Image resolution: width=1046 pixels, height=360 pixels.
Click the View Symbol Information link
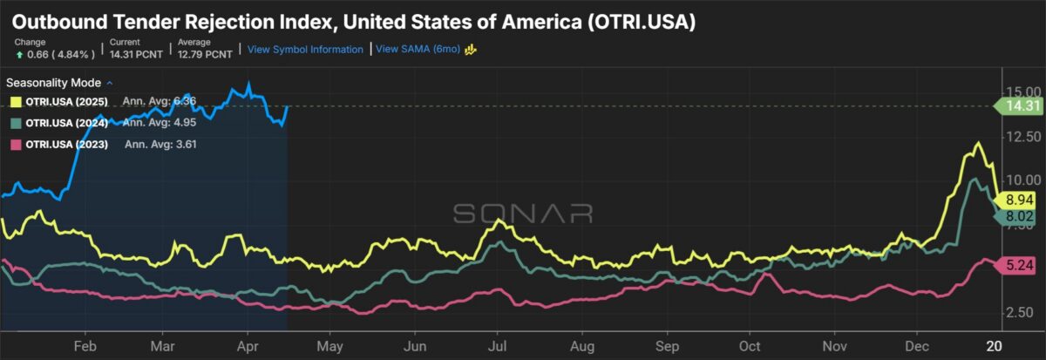point(305,50)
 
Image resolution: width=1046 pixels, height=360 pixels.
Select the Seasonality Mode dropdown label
point(55,84)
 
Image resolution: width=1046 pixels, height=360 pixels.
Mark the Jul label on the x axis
point(497,344)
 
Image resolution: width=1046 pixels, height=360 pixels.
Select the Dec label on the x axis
point(916,344)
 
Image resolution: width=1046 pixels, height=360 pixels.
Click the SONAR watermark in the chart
point(523,214)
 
